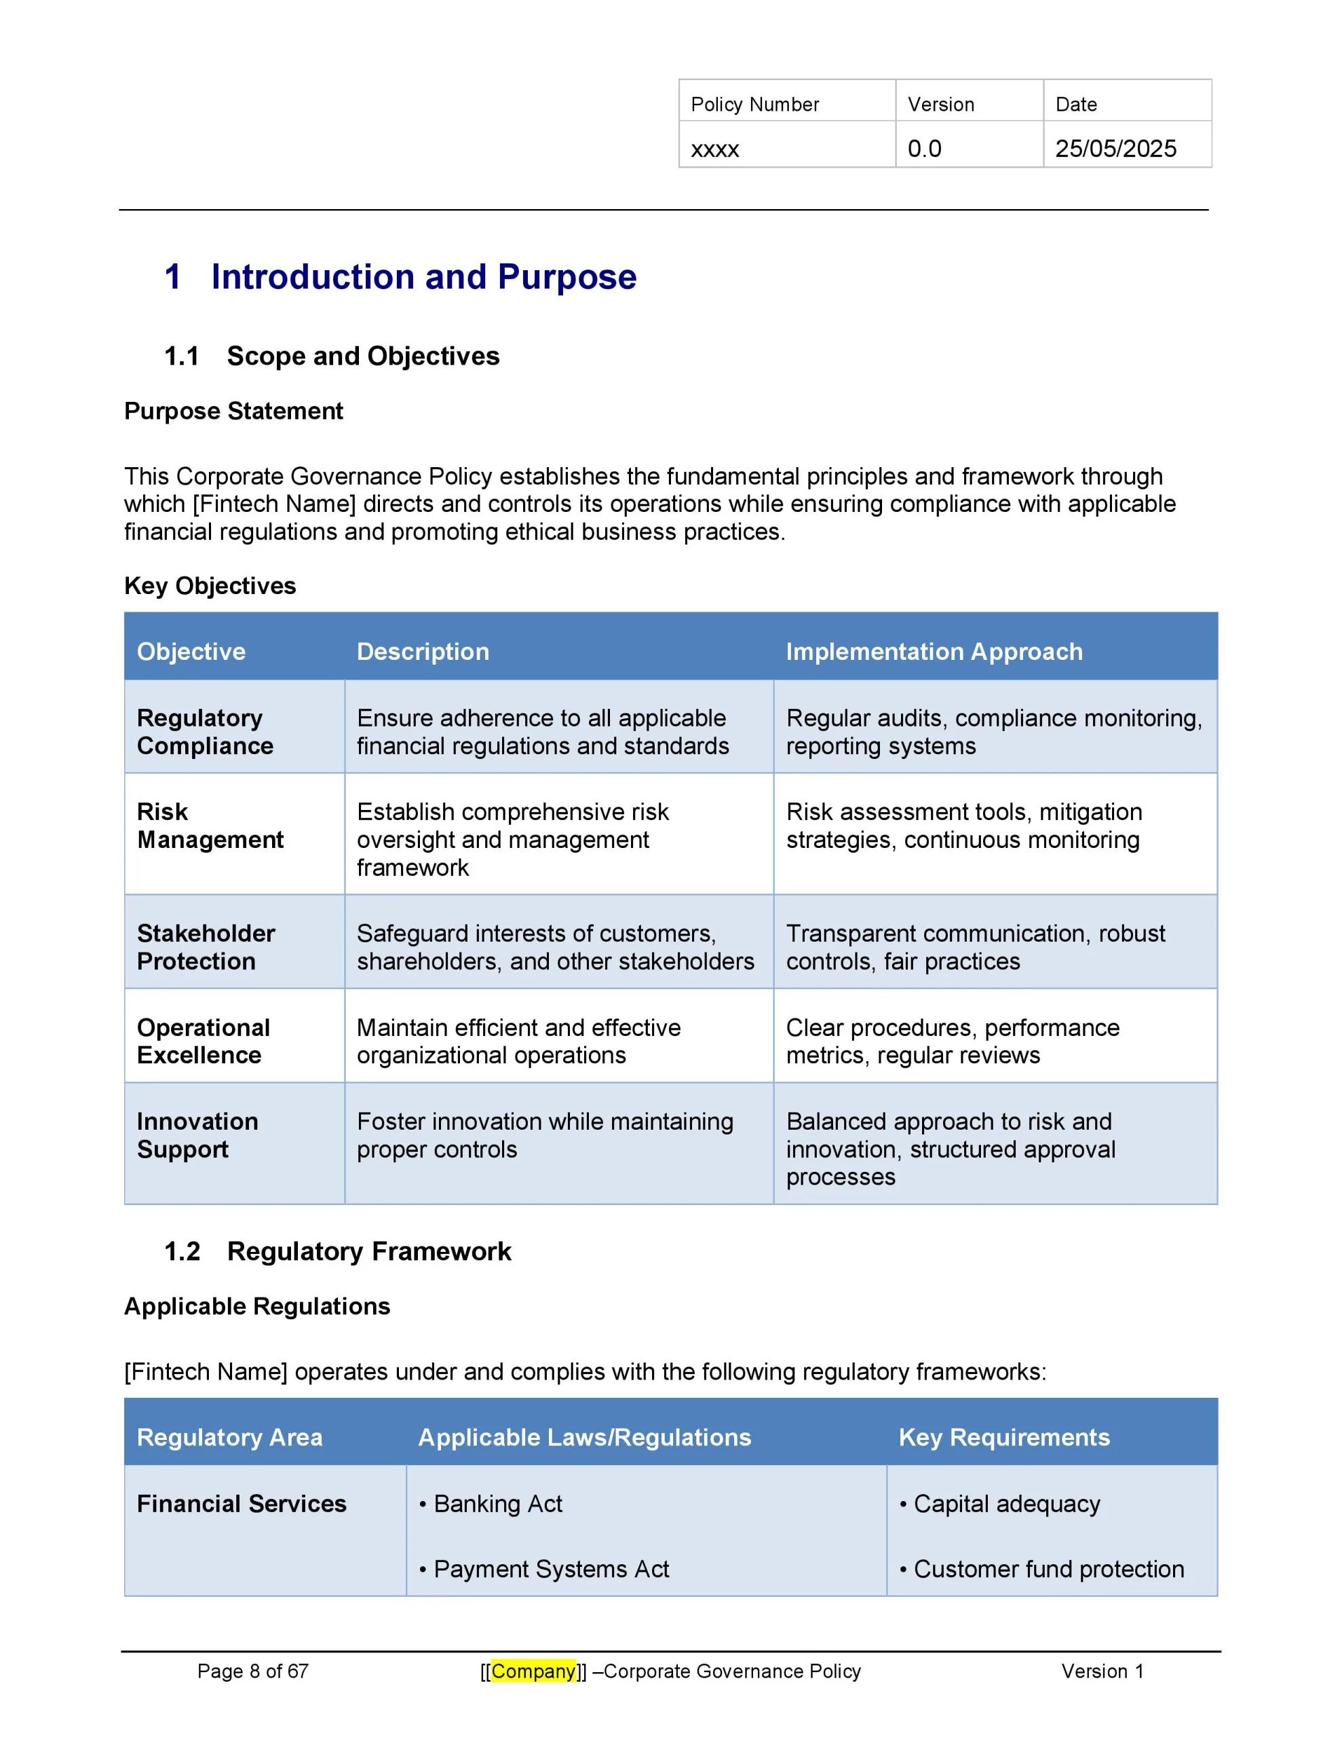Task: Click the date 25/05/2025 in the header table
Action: coord(1115,149)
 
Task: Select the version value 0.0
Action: coord(924,149)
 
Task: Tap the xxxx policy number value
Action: coord(714,149)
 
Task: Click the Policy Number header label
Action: coord(754,105)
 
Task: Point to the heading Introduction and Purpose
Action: coord(423,277)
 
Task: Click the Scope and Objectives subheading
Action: coord(363,356)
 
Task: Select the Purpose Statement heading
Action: coord(233,411)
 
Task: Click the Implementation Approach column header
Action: coord(934,651)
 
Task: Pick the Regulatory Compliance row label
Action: coord(204,731)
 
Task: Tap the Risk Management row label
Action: coord(210,826)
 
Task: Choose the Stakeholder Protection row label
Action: coord(206,947)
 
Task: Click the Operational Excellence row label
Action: coord(203,1041)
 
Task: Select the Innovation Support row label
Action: coord(197,1135)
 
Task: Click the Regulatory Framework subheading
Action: coord(369,1251)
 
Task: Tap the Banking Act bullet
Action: coord(497,1503)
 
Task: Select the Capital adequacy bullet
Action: coord(1006,1503)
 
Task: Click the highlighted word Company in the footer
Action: coord(533,1671)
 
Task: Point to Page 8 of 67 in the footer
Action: coord(252,1671)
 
